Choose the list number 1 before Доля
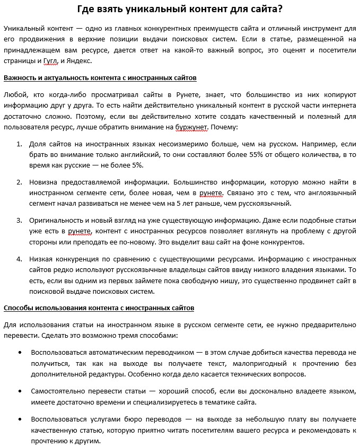19,144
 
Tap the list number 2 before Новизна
19,182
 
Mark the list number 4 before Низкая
19,259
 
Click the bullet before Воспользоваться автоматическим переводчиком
20,353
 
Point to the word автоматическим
116,353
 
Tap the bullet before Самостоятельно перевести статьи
20,391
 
